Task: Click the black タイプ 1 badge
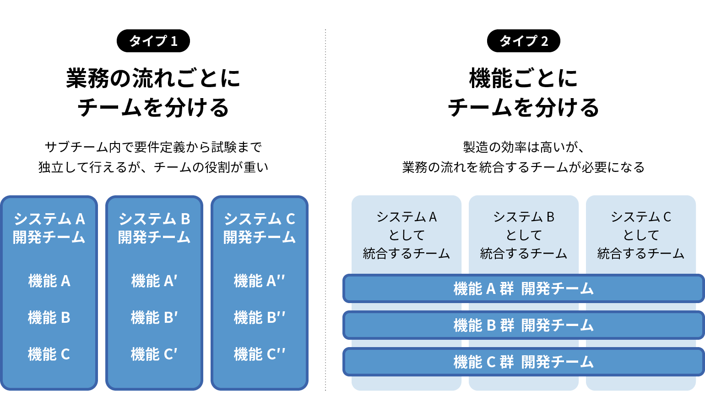pos(153,41)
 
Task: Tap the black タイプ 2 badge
pos(523,41)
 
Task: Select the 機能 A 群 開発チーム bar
pos(523,288)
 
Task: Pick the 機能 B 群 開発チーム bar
pos(523,325)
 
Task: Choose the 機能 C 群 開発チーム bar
pos(523,362)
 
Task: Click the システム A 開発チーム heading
pos(49,228)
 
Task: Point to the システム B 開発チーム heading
pos(154,228)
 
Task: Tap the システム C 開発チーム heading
pos(259,228)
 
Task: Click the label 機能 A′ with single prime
pos(154,281)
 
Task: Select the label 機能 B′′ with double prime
pos(259,317)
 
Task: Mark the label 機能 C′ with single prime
pos(154,354)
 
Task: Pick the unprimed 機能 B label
pos(49,317)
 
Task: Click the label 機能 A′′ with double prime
pos(259,281)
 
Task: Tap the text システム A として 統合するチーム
pos(407,235)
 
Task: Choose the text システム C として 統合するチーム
pos(641,235)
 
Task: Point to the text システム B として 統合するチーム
pos(523,235)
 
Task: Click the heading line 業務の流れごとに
pos(153,78)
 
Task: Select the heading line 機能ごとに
pos(523,78)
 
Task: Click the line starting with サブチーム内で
pos(153,147)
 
